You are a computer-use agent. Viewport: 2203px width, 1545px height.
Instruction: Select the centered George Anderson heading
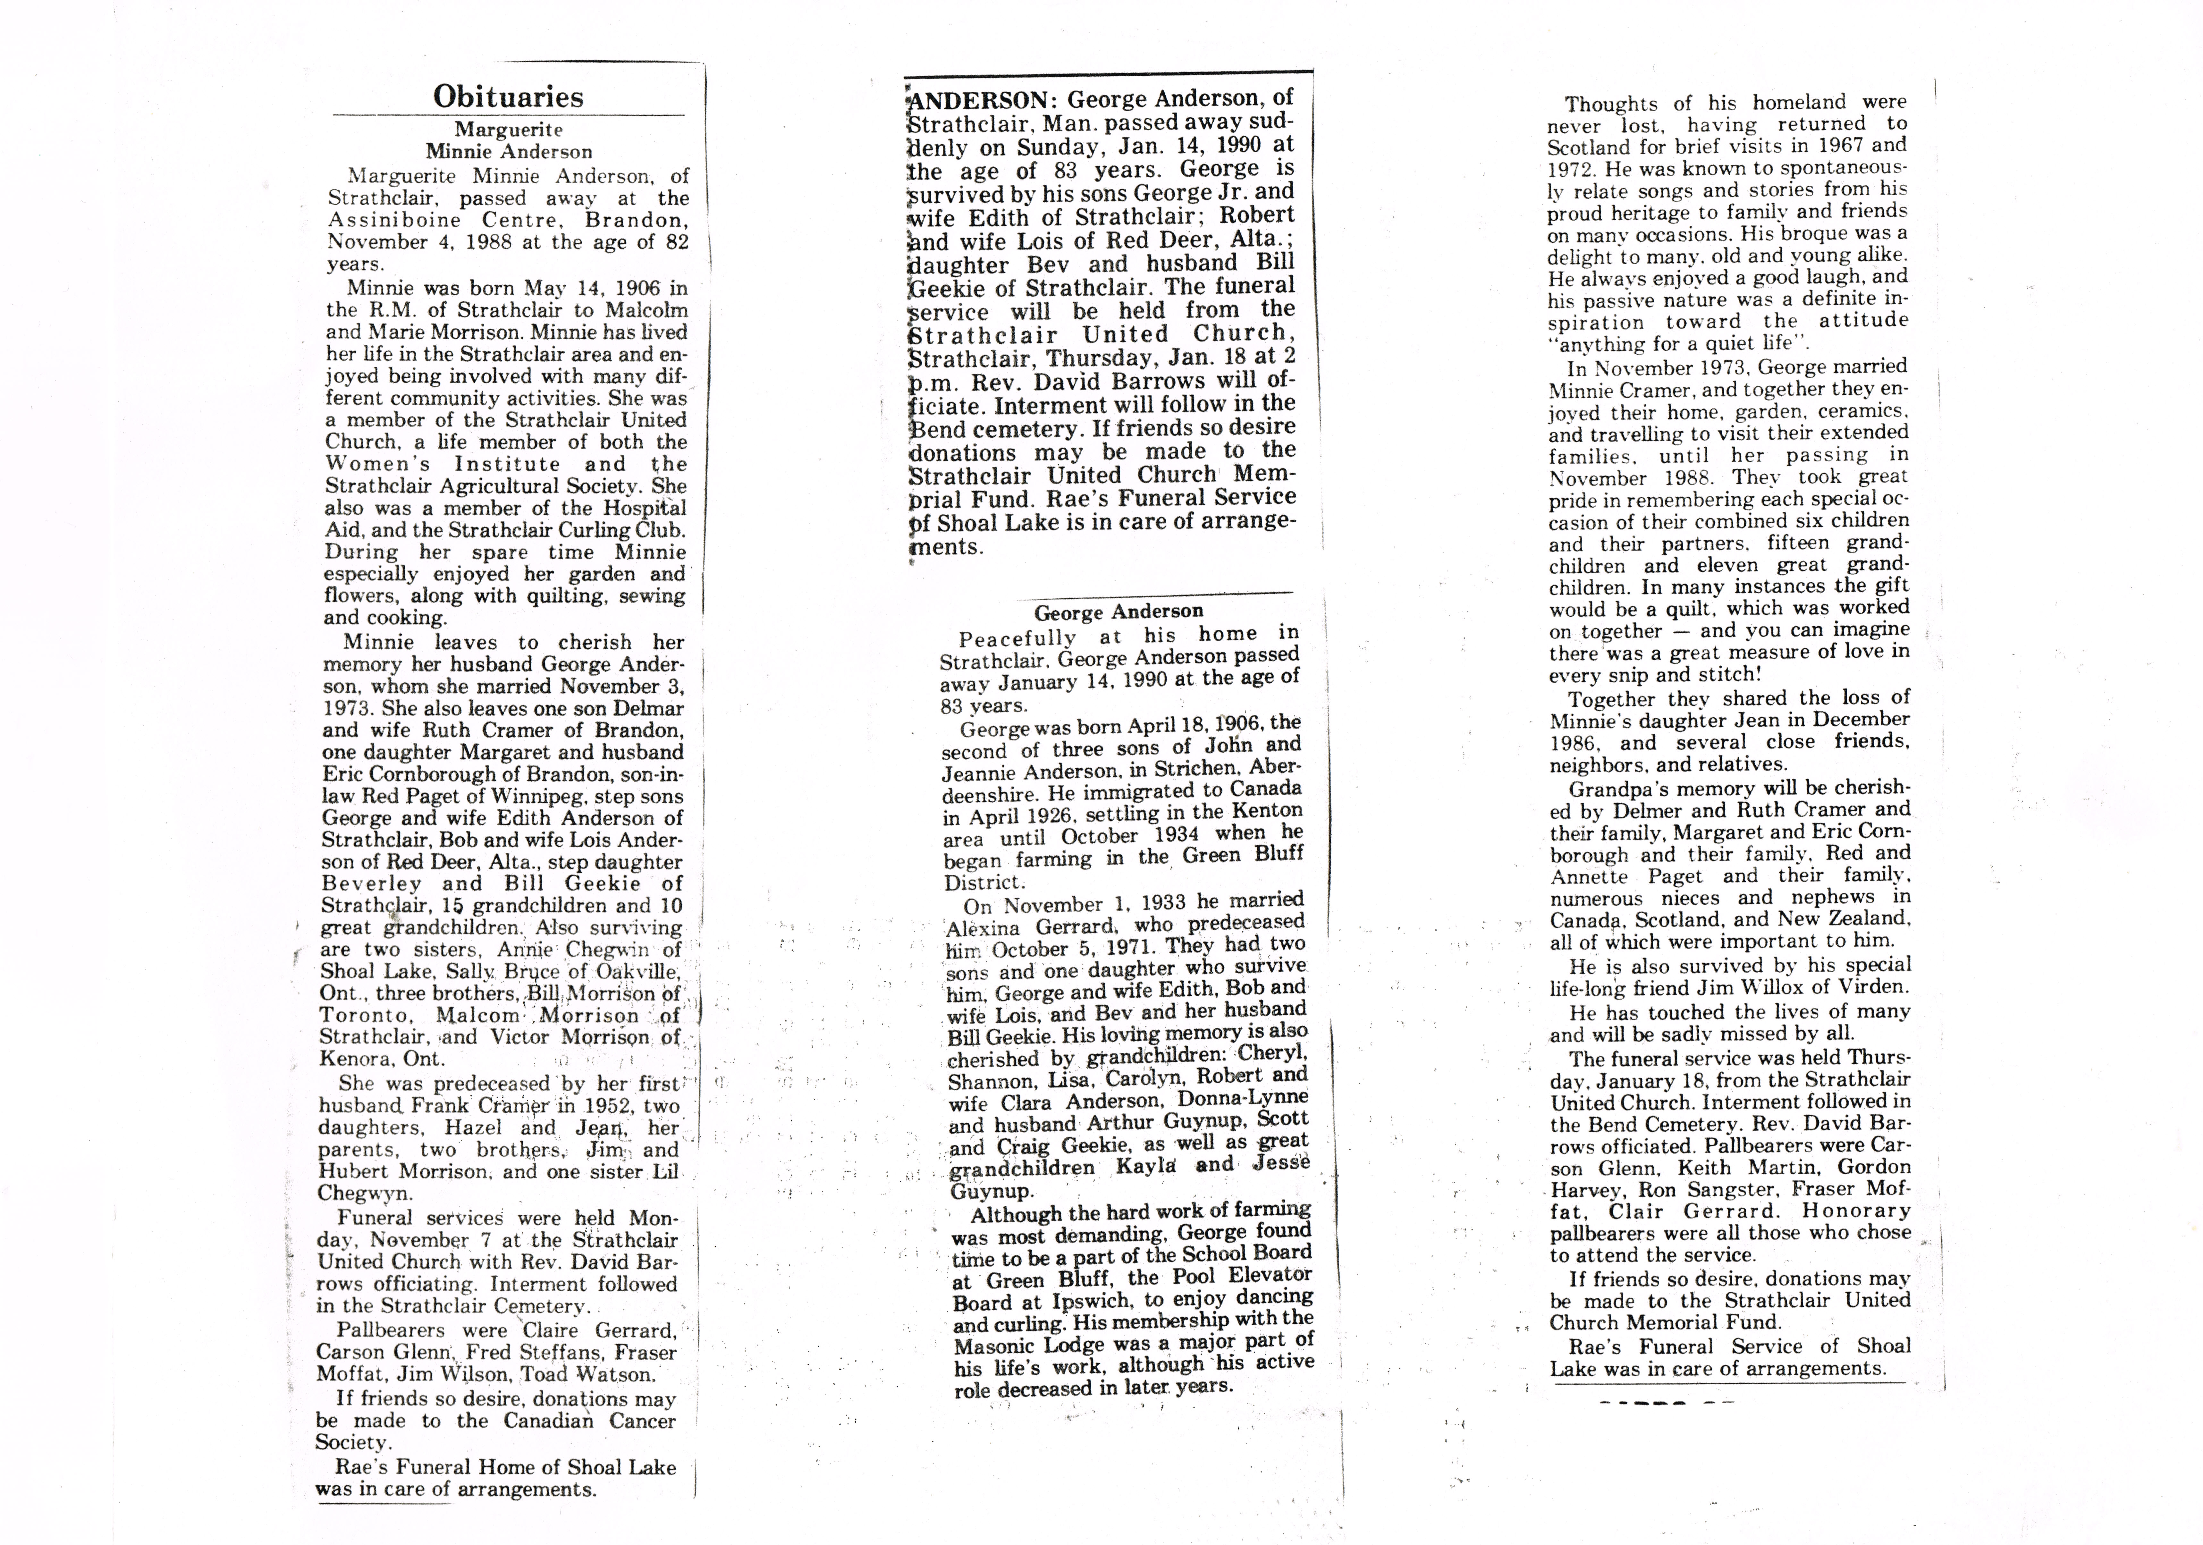tap(1118, 611)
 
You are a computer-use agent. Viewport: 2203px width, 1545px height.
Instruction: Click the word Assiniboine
tap(391, 220)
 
